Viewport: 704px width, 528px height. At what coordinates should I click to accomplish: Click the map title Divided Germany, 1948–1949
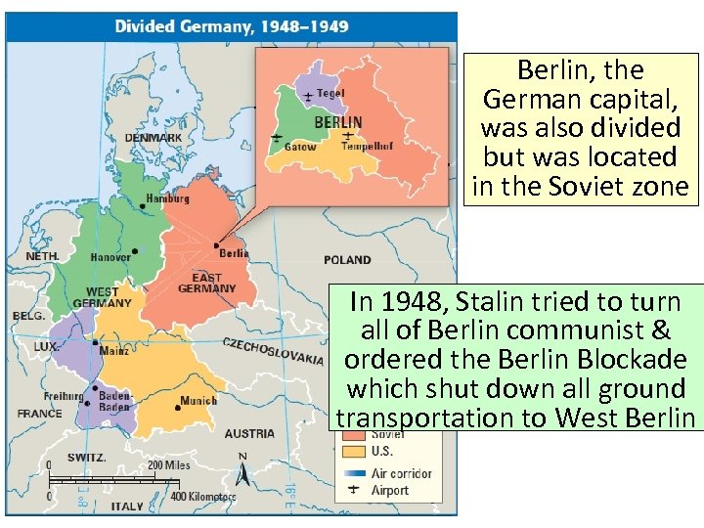(x=232, y=26)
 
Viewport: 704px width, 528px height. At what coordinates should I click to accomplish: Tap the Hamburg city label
(x=167, y=198)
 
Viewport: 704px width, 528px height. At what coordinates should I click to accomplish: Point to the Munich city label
(x=198, y=401)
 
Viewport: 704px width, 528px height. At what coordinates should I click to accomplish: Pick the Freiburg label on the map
(x=63, y=396)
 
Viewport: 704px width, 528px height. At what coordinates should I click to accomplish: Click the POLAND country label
(x=347, y=260)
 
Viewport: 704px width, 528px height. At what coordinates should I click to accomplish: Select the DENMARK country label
(x=153, y=138)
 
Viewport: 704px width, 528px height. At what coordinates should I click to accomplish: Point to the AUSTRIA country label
(x=249, y=433)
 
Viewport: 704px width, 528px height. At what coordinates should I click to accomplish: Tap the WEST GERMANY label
(x=102, y=297)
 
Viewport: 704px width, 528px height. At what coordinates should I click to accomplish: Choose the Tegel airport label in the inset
(x=330, y=94)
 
